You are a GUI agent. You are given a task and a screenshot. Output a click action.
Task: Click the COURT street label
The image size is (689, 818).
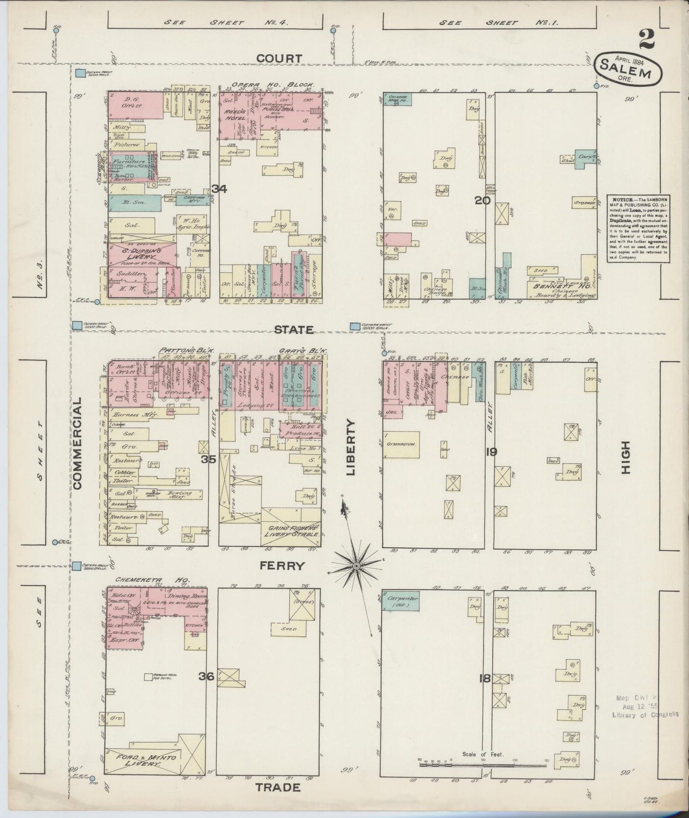click(279, 58)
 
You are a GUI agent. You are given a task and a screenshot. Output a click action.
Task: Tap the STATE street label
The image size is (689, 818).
click(293, 329)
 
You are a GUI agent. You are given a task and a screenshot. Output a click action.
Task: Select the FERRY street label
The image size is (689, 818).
click(282, 566)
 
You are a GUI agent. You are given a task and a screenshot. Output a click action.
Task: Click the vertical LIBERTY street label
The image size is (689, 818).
click(351, 448)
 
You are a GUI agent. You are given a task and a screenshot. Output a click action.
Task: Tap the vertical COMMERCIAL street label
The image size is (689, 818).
click(78, 444)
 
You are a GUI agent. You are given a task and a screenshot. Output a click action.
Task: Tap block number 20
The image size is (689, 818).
click(482, 201)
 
